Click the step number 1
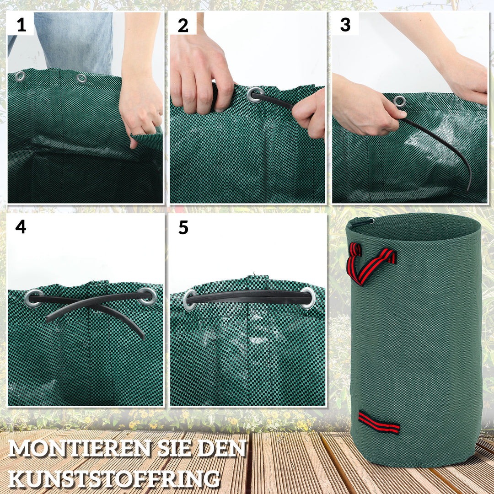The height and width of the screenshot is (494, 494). (x=21, y=25)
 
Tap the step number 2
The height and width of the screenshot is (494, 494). (x=183, y=26)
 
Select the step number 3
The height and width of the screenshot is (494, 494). (x=345, y=25)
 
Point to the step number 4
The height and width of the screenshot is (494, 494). (x=21, y=226)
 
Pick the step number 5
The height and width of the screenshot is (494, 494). (x=183, y=227)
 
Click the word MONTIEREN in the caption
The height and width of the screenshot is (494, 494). (x=78, y=449)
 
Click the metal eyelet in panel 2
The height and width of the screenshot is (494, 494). (x=255, y=95)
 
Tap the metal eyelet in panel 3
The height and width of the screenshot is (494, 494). (x=400, y=101)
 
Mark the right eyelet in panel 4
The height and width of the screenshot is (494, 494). (x=147, y=296)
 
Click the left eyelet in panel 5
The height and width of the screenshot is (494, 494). (x=190, y=300)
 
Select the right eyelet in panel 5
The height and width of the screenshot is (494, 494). (x=308, y=298)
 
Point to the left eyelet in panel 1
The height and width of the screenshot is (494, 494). (x=20, y=76)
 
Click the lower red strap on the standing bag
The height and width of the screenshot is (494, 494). (x=378, y=422)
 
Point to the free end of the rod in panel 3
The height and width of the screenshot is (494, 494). (x=469, y=188)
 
